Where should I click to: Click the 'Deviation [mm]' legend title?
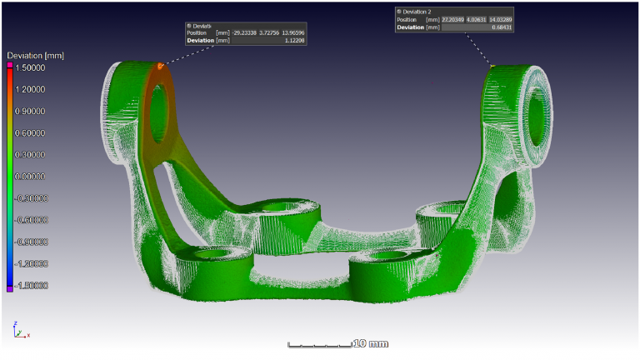click(x=36, y=56)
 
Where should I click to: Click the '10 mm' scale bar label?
click(x=371, y=343)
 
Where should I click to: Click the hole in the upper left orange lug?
click(x=158, y=104)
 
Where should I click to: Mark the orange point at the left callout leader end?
click(x=159, y=66)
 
